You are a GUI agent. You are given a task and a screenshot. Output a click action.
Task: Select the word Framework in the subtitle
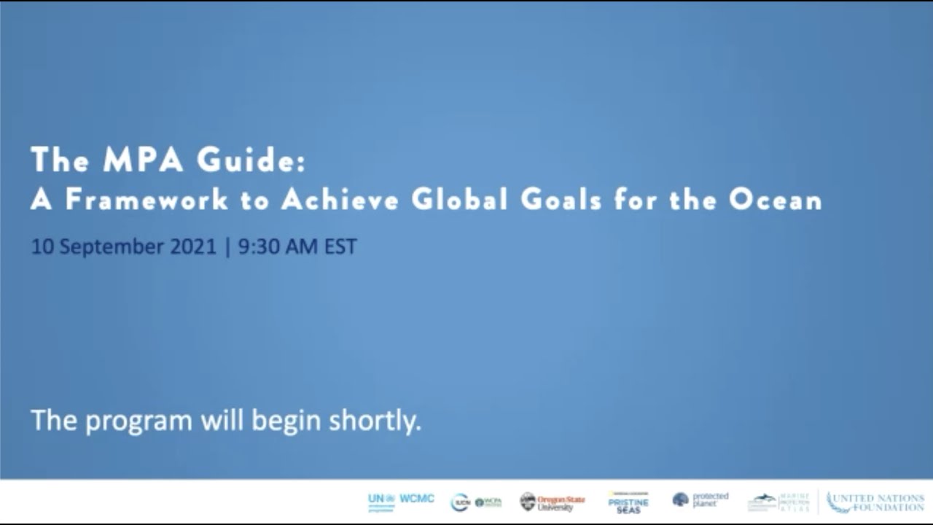(x=147, y=200)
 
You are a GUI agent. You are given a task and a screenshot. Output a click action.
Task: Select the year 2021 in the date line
(x=193, y=246)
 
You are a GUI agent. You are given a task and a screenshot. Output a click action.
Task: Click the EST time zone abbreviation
(x=340, y=246)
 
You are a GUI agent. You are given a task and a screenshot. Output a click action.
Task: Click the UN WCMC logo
(x=401, y=502)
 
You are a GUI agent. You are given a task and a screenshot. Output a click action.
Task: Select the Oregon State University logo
(x=552, y=502)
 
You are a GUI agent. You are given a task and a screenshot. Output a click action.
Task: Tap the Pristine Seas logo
(x=628, y=502)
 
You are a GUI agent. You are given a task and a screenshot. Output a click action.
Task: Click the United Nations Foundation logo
(x=875, y=502)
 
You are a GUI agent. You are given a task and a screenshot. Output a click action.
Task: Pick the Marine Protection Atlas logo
(x=778, y=502)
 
